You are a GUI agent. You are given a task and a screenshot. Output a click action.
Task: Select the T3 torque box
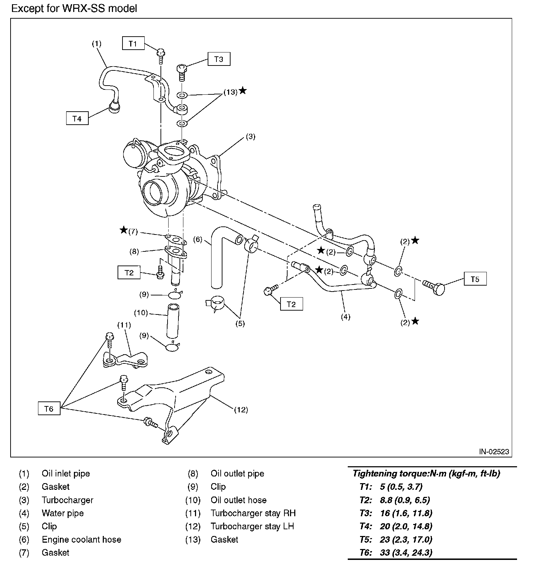219,59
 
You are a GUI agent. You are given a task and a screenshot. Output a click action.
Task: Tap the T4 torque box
77,118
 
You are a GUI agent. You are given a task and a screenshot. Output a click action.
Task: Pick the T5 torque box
475,279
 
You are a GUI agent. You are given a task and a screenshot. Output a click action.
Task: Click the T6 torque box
49,408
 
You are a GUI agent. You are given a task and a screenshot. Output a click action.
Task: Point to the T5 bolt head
439,289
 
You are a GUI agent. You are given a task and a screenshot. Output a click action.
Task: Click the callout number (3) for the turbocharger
250,136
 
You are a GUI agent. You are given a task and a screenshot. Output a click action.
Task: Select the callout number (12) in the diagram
241,410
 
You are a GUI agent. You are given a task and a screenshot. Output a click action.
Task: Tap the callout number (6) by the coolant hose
198,239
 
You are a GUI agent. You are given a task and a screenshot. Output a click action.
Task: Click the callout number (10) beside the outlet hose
141,313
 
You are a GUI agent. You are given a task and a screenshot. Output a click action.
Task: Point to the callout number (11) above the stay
124,325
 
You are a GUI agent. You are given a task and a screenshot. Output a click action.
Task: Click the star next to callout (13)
243,91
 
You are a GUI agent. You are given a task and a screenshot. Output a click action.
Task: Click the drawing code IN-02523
493,452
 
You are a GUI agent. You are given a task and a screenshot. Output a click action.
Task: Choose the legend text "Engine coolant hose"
81,539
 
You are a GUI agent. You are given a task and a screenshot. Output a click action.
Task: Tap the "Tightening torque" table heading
426,473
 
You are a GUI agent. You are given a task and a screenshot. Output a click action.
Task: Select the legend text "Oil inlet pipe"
66,474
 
